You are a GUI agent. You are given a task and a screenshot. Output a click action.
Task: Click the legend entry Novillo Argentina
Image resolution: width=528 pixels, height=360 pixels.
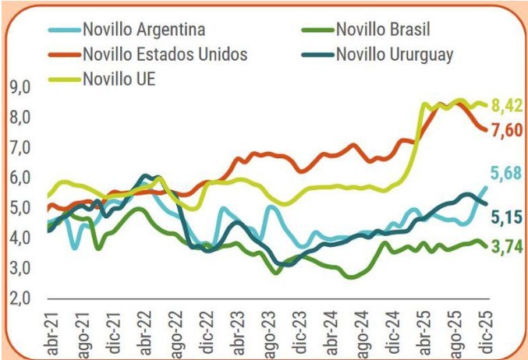coord(144,31)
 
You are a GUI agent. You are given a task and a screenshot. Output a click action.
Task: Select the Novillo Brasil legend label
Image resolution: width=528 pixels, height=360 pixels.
coord(382,31)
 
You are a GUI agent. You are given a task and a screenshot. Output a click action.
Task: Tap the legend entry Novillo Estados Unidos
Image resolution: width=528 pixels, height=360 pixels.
coord(165,55)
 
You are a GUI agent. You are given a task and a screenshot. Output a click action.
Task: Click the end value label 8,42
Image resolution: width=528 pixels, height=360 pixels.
coord(505,106)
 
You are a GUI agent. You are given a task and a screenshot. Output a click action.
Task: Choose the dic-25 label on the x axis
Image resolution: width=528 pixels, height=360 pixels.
coord(484,330)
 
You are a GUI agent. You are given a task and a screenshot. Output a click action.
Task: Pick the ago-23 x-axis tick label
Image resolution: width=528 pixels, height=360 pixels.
coord(268,330)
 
